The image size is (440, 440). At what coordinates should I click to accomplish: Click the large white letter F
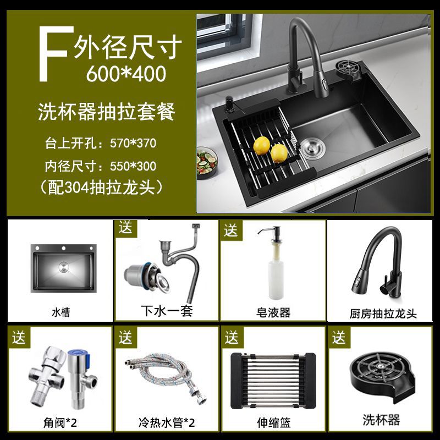[x=53, y=53]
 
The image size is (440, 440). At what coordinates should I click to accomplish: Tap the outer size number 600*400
[x=126, y=74]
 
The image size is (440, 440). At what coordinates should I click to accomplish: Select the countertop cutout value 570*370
[x=133, y=143]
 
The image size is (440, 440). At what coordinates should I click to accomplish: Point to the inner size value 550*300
[x=133, y=166]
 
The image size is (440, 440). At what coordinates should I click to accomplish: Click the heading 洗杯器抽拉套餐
[x=107, y=112]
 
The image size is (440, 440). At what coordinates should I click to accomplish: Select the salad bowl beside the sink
[x=207, y=163]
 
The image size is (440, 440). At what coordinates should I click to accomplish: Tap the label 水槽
[x=61, y=312]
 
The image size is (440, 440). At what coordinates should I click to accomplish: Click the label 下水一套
[x=167, y=311]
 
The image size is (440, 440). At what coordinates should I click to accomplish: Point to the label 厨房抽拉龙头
[x=383, y=313]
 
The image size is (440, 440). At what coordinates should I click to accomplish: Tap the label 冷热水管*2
[x=167, y=422]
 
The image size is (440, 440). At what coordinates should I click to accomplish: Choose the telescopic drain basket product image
[x=273, y=381]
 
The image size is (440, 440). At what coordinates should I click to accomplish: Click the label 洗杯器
[x=381, y=420]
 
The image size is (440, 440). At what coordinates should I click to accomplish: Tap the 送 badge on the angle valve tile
[x=19, y=337]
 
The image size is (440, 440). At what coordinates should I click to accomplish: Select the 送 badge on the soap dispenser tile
[x=231, y=230]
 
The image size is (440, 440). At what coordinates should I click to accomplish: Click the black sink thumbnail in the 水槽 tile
[x=64, y=268]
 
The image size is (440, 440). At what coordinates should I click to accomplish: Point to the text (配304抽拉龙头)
[x=102, y=187]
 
